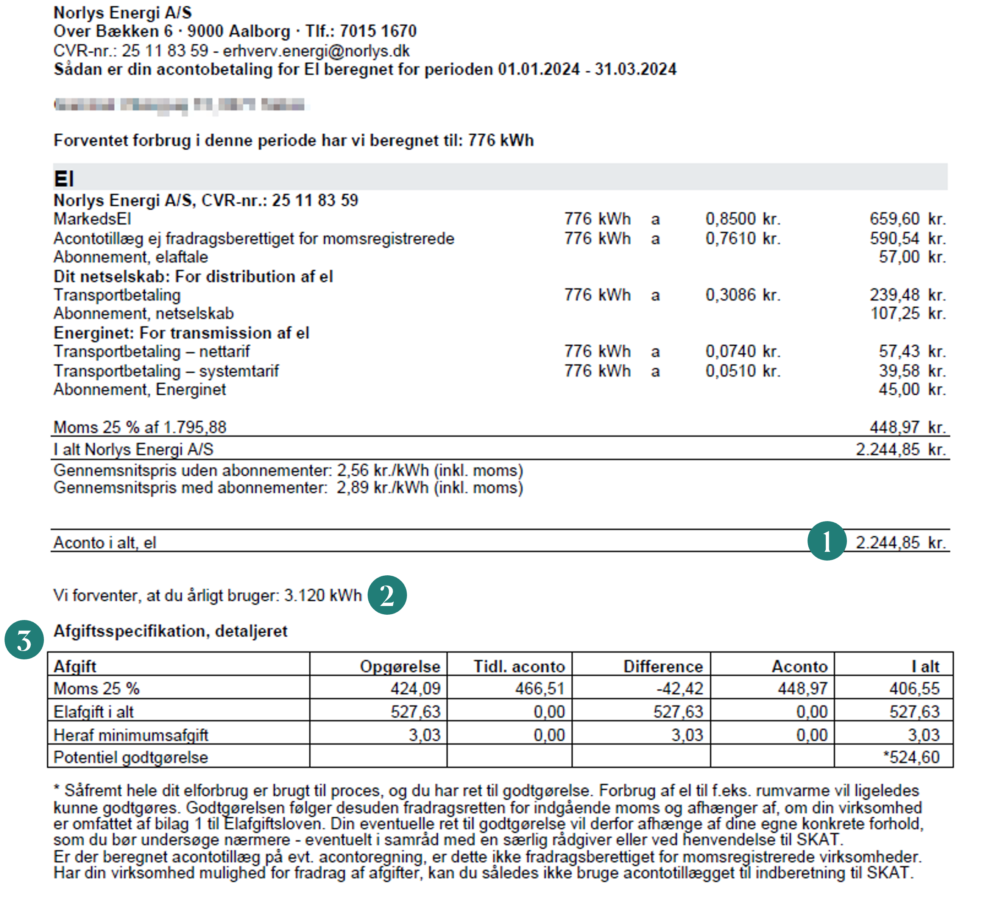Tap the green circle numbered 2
(x=387, y=595)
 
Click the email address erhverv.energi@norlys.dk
(x=316, y=51)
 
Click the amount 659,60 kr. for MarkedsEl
(x=907, y=219)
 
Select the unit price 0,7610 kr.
(x=743, y=239)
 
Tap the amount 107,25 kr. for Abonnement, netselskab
(x=907, y=313)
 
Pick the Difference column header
(x=663, y=667)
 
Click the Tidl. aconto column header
(x=519, y=667)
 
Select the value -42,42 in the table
(x=680, y=689)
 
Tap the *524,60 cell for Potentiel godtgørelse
(x=911, y=757)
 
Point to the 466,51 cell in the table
(x=539, y=689)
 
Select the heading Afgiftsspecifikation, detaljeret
(x=170, y=631)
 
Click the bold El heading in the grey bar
(x=64, y=179)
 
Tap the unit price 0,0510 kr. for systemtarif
(x=743, y=371)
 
